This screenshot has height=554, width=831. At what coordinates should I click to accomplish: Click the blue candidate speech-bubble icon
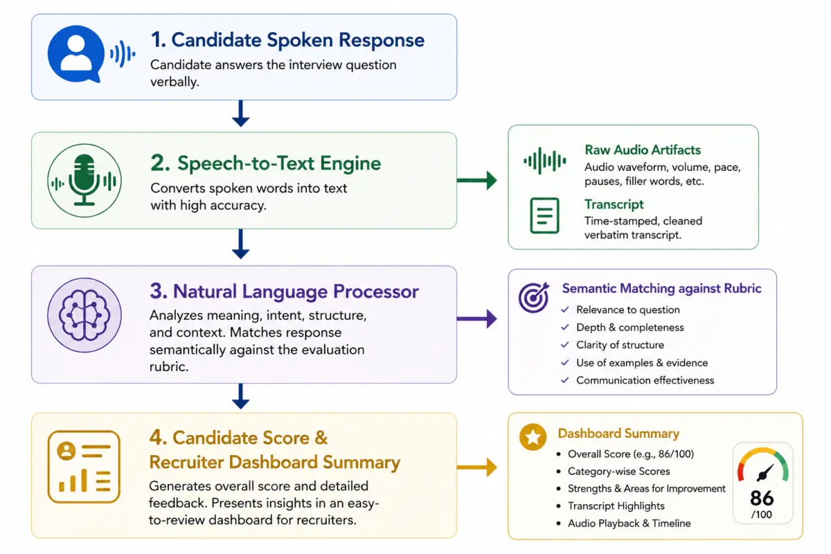(x=76, y=54)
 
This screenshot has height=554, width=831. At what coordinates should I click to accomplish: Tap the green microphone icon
(x=84, y=180)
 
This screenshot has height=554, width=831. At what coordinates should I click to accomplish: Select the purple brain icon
(x=84, y=314)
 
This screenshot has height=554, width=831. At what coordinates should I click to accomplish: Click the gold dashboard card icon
(x=84, y=467)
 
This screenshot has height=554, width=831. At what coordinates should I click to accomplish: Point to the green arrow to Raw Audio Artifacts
(x=476, y=180)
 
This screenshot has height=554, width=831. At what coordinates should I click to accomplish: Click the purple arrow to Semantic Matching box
(x=476, y=319)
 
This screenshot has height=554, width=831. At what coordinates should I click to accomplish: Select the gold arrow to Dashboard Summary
(x=476, y=467)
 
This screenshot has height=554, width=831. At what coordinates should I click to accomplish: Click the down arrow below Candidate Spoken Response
(x=240, y=114)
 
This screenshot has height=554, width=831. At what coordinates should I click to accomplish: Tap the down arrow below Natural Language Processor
(x=240, y=396)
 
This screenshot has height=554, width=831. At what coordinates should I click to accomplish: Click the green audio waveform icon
(x=544, y=161)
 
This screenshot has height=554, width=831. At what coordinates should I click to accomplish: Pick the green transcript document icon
(x=544, y=215)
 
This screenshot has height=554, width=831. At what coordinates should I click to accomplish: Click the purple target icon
(x=534, y=297)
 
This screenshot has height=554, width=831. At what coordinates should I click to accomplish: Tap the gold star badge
(x=533, y=437)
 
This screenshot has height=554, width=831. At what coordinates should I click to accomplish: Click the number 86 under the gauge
(x=762, y=498)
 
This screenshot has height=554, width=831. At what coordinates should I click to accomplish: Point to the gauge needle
(x=766, y=473)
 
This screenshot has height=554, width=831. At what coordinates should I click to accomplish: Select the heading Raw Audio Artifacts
(x=643, y=150)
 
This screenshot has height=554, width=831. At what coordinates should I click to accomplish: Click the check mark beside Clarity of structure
(x=564, y=345)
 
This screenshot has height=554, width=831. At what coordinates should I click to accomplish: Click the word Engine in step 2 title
(x=350, y=163)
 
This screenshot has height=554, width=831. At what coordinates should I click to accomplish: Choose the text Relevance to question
(x=628, y=310)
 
